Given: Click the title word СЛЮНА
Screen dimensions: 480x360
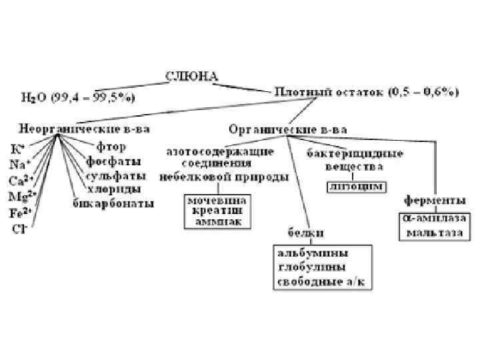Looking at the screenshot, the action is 191,77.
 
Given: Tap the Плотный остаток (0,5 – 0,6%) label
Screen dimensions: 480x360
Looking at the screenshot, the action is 366,93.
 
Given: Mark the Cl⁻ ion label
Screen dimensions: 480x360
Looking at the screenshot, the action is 19,228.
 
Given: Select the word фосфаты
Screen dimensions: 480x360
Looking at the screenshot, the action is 113,161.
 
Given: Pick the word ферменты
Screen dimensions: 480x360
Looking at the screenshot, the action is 435,201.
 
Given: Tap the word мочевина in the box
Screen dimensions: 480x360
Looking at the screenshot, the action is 218,199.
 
